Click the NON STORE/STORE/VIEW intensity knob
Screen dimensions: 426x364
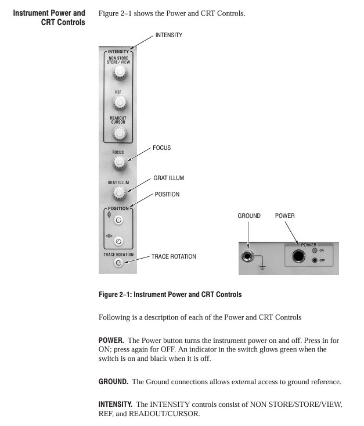[120, 73]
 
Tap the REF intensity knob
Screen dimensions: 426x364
[120, 103]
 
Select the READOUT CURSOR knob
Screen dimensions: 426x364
[120, 134]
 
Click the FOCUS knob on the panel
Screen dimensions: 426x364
[120, 162]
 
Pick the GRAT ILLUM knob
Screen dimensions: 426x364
[120, 193]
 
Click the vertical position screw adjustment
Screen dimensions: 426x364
[119, 220]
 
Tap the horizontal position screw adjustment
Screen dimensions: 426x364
[119, 241]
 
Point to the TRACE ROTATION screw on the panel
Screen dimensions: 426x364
[118, 263]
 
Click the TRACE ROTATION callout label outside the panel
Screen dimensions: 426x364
[174, 256]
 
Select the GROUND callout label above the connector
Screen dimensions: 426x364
[249, 216]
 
